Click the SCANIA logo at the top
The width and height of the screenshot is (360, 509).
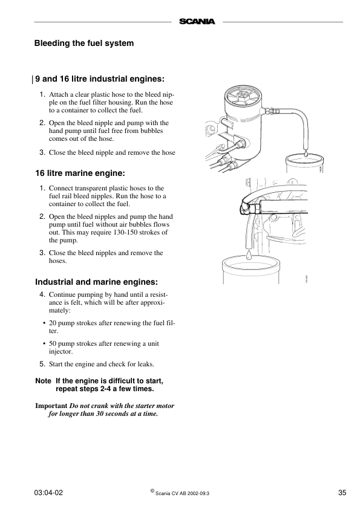[197, 22]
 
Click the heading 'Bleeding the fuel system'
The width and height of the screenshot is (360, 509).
[83, 44]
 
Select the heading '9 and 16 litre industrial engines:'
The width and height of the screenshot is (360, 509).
[100, 79]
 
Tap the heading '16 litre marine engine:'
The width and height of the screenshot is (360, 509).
[79, 173]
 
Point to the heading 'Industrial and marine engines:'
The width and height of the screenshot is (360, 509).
[96, 282]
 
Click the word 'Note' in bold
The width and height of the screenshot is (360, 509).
[43, 381]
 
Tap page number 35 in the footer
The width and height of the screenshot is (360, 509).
[342, 493]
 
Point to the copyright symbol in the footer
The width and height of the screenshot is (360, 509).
[152, 491]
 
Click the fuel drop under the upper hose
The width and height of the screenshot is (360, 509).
[306, 154]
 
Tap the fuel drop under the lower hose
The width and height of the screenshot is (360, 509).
[248, 256]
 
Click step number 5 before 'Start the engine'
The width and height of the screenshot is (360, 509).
[42, 365]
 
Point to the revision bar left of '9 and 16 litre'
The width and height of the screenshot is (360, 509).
[32, 79]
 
